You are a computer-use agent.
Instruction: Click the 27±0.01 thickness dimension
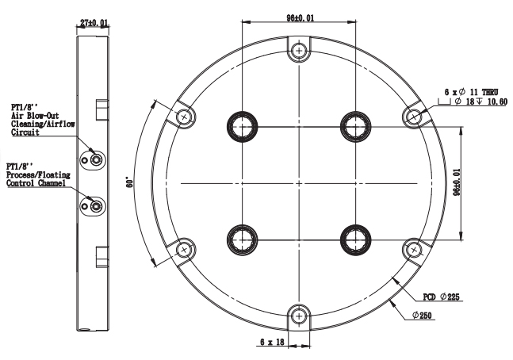point(94,22)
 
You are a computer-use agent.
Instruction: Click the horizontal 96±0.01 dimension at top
point(300,17)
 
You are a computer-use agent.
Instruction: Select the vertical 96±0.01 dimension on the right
point(457,182)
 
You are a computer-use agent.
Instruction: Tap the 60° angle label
point(129,182)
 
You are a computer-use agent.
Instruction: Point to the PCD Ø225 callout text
point(442,297)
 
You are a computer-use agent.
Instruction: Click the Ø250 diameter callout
point(422,316)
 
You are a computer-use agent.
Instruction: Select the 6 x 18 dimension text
point(272,342)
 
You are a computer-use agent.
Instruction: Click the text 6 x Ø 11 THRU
point(471,92)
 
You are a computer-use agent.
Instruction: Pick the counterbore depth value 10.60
point(497,101)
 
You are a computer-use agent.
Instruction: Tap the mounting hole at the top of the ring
point(299,51)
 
